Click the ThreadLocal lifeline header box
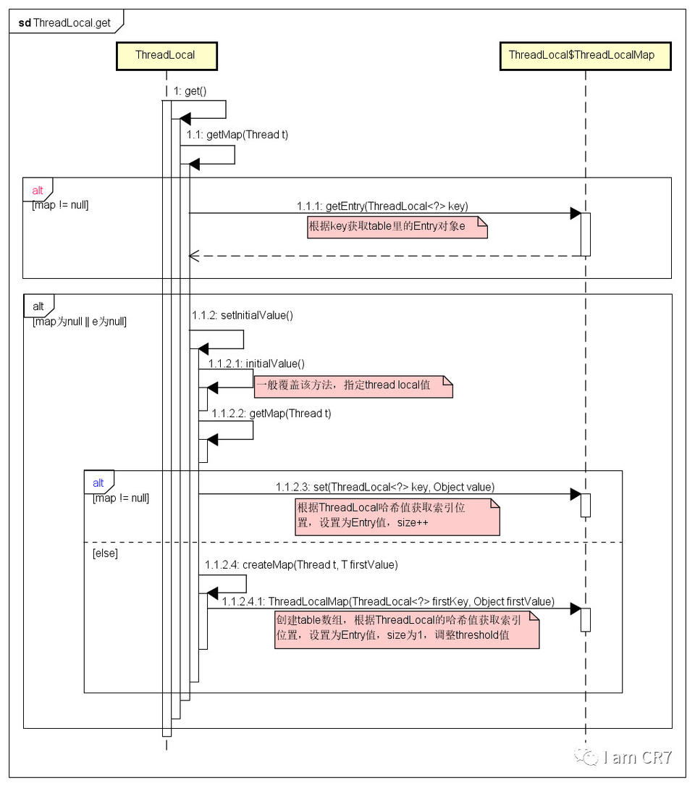pyautogui.click(x=165, y=55)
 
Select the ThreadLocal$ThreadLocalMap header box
pyautogui.click(x=585, y=55)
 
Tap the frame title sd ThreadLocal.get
pyautogui.click(x=65, y=22)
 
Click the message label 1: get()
pyautogui.click(x=190, y=91)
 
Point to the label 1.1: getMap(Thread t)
pyautogui.click(x=237, y=135)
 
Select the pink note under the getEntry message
pyautogui.click(x=397, y=227)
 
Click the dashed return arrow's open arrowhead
pyautogui.click(x=193, y=256)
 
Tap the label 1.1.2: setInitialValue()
pyautogui.click(x=243, y=316)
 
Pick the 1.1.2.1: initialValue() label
pyautogui.click(x=256, y=363)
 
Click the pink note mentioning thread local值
pyautogui.click(x=353, y=385)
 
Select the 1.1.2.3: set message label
pyautogui.click(x=385, y=487)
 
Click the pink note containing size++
pyautogui.click(x=397, y=516)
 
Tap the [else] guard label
pyautogui.click(x=105, y=553)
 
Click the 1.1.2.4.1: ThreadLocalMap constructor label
pyautogui.click(x=388, y=601)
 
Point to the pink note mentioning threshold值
pyautogui.click(x=406, y=628)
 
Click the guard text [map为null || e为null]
pyautogui.click(x=80, y=322)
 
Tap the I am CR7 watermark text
pyautogui.click(x=637, y=758)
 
